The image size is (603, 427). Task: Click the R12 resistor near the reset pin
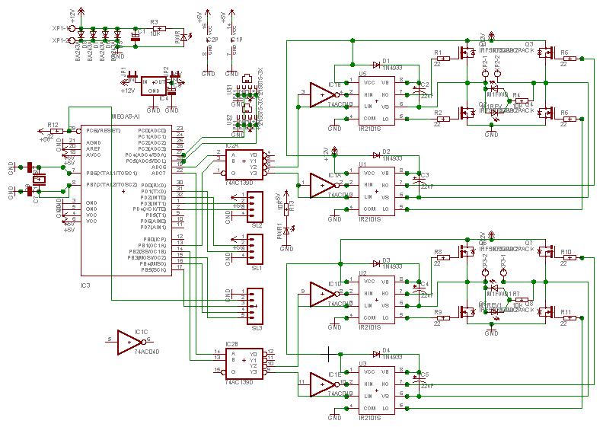click(x=53, y=130)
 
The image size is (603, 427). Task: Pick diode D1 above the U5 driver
click(x=377, y=66)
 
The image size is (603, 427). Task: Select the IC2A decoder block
click(x=244, y=162)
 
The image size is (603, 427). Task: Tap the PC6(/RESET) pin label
click(x=153, y=130)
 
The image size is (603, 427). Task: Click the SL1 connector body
click(x=253, y=248)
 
